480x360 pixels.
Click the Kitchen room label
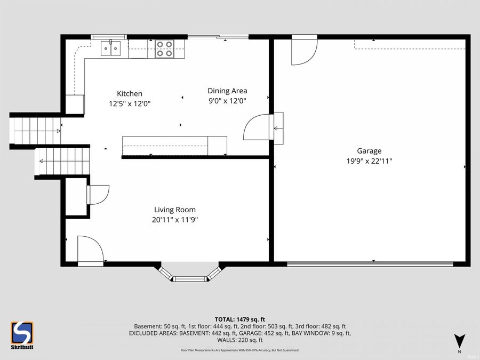130,93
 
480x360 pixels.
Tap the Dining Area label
227,91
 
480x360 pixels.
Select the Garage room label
369,151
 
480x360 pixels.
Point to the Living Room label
175,210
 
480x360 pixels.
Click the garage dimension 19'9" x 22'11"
369,161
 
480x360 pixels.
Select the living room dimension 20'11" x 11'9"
175,219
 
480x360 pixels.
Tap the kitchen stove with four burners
164,49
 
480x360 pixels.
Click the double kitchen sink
113,49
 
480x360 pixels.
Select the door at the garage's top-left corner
303,50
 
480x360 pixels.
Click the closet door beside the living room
98,194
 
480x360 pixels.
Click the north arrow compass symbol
459,341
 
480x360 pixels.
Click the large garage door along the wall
370,263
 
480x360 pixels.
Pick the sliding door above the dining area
218,37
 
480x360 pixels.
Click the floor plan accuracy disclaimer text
239,350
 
